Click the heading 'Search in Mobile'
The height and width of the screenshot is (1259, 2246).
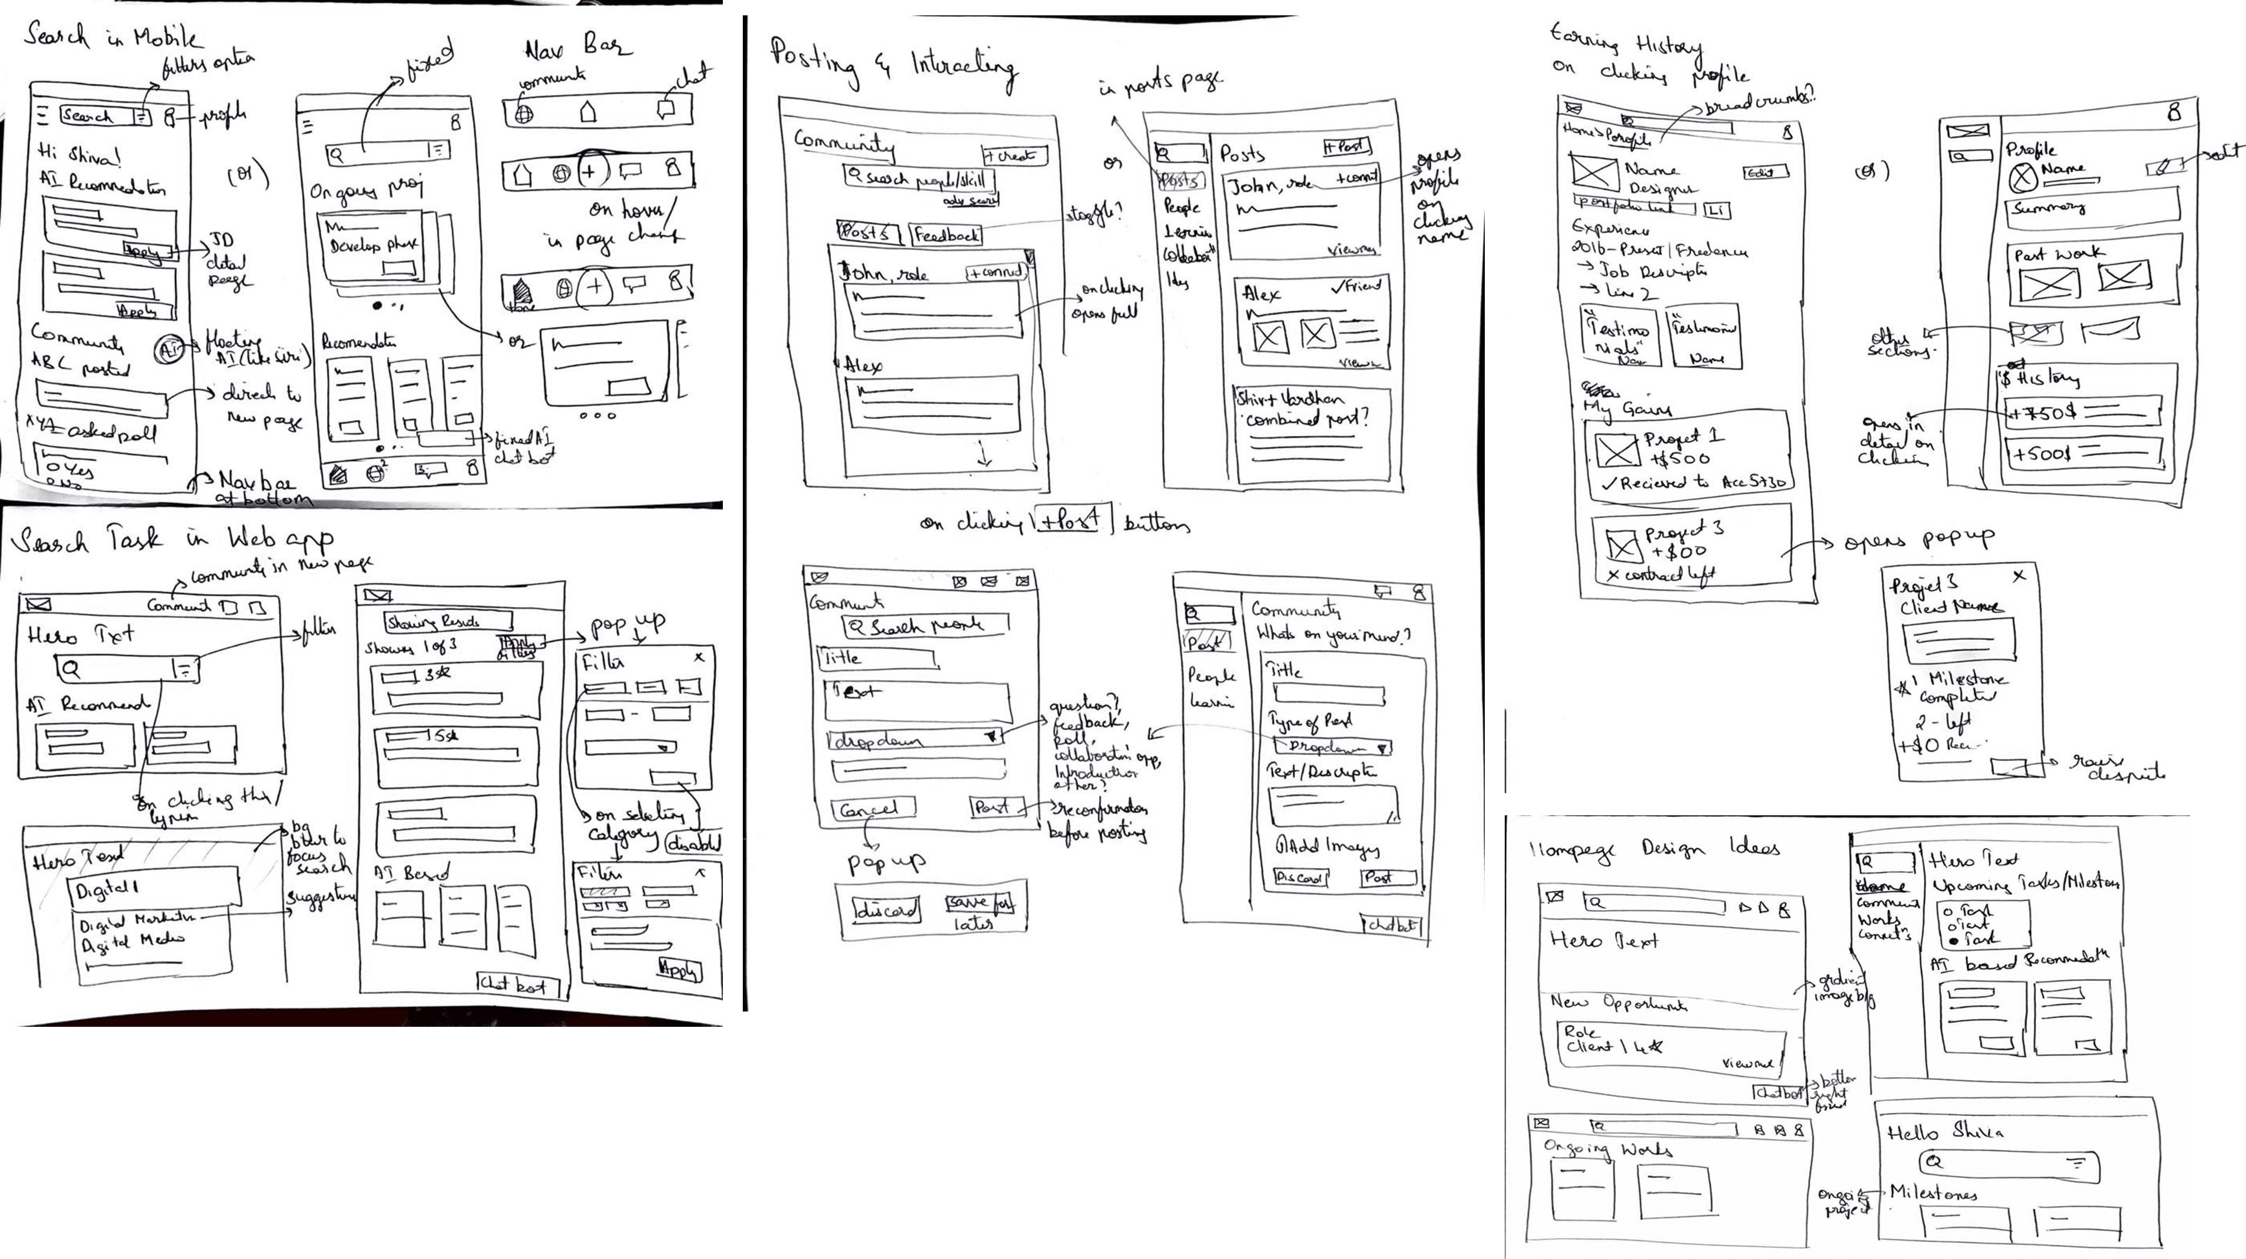click(x=113, y=37)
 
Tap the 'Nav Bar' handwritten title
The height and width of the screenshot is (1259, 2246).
click(x=577, y=46)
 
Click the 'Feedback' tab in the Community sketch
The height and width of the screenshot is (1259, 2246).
click(x=946, y=234)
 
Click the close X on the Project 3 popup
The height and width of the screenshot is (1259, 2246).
click(x=2019, y=576)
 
